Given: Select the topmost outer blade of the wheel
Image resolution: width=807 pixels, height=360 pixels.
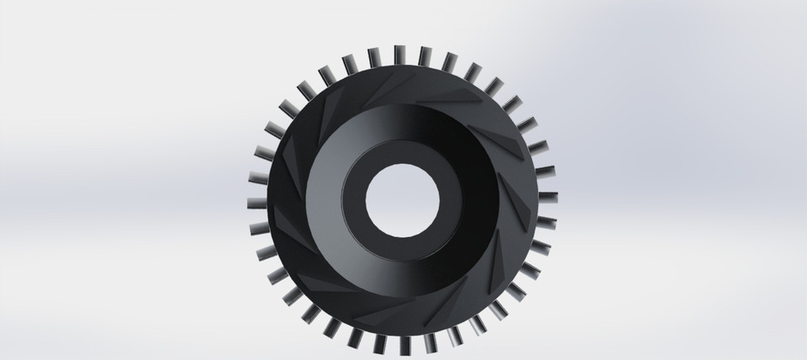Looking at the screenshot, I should click(x=398, y=56).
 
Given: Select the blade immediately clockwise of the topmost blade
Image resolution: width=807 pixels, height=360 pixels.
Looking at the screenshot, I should click(x=425, y=57).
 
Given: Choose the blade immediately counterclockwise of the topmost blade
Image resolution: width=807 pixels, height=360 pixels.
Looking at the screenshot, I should click(x=374, y=57).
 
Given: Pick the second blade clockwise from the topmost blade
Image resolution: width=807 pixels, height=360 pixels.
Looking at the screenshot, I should click(x=450, y=62).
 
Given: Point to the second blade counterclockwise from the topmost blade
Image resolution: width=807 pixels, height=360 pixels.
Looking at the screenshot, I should click(x=350, y=63).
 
